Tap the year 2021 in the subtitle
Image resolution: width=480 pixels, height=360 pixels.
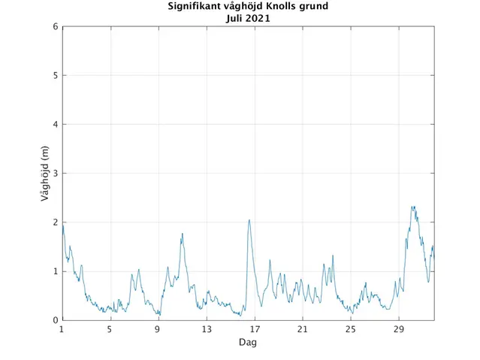point(258,18)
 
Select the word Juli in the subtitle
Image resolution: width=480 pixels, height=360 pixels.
point(235,18)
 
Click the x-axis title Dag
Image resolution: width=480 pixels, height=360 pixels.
point(248,342)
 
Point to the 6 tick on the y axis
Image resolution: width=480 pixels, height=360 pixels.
point(55,27)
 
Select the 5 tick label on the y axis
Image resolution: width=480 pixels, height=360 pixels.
point(55,76)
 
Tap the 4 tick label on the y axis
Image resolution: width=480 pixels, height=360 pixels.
point(55,125)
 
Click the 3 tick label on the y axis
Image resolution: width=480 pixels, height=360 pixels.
point(55,174)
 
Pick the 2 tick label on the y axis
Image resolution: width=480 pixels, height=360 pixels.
point(55,222)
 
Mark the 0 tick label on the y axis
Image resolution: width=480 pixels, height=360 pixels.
point(55,321)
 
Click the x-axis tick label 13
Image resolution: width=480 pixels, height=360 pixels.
point(207,329)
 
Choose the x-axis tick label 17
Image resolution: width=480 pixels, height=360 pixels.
point(255,329)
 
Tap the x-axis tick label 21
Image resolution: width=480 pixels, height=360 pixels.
point(303,329)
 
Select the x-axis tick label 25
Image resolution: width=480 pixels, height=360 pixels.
point(351,329)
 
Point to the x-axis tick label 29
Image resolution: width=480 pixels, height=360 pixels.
point(399,329)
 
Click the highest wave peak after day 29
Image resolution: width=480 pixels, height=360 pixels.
point(412,207)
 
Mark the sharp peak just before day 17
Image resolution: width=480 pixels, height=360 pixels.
point(249,220)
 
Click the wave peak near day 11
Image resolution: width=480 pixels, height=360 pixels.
point(182,234)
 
